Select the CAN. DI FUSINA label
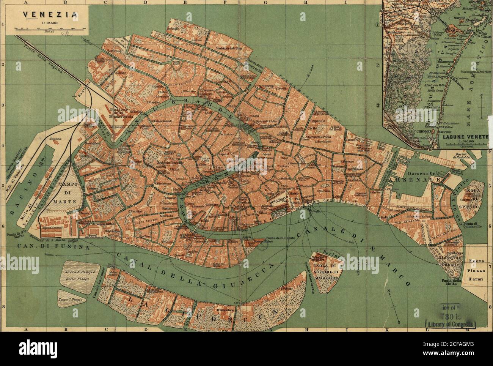click(x=53, y=247)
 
